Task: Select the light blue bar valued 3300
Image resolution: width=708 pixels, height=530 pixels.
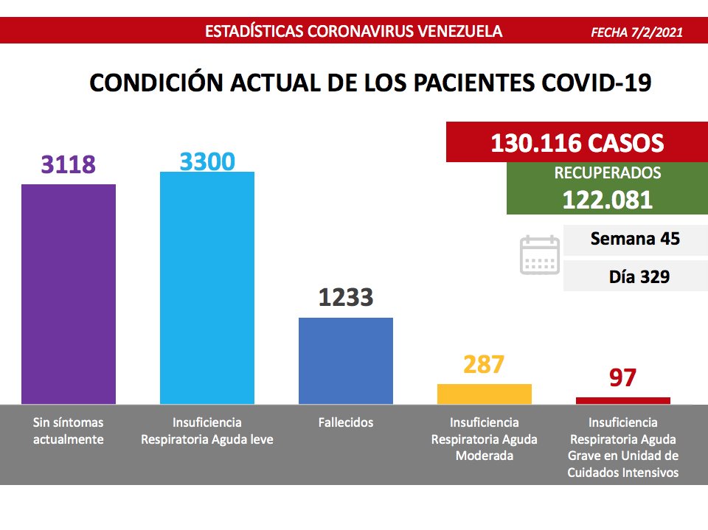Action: pos(207,287)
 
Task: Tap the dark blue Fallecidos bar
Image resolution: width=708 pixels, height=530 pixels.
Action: pos(345,360)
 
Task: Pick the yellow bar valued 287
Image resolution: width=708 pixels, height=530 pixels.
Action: pos(484,394)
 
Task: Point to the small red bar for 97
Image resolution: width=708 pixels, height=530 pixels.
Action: pos(622,400)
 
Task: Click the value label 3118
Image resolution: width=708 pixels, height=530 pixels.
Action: pos(69,164)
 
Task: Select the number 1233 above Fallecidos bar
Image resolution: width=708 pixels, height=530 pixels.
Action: pos(346,298)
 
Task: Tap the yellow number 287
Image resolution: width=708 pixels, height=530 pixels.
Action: pos(484,364)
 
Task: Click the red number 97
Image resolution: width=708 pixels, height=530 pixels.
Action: pos(622,377)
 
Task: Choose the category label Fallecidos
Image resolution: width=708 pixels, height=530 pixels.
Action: pos(346,423)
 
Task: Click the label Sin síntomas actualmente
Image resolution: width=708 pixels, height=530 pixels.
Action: pos(69,431)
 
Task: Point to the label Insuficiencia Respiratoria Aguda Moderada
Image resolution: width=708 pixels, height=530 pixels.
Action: pos(484,439)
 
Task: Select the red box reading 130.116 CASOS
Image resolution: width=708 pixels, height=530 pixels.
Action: pos(577,143)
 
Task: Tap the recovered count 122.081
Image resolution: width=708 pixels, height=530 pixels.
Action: pos(607,199)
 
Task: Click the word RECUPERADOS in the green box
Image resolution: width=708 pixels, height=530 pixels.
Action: pos(607,174)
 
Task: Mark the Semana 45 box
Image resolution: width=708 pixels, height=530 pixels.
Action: pos(634,240)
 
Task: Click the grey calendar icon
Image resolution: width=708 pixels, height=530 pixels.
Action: pos(540,255)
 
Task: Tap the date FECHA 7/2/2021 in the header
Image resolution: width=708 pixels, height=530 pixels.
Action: pos(636,32)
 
